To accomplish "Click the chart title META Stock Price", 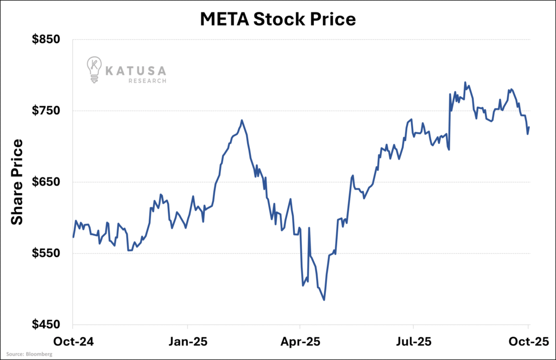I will [277, 20].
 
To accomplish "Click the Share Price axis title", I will [17, 182].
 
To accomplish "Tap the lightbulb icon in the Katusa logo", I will [94, 70].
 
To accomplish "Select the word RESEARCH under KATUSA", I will [147, 81].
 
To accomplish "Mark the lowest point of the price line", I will [324, 300].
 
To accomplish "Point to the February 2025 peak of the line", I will [242, 121].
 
